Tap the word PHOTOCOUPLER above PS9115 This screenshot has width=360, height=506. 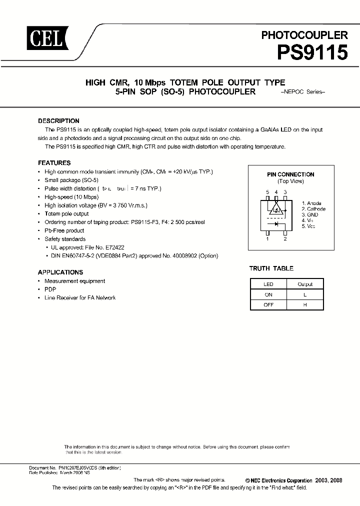[x=304, y=35]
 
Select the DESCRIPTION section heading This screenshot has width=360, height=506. [x=58, y=121]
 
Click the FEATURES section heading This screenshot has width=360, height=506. [x=54, y=163]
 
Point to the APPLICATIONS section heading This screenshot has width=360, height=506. [x=60, y=272]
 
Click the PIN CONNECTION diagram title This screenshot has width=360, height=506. [x=290, y=174]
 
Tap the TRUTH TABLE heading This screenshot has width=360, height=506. [x=271, y=268]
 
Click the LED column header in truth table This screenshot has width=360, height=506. [x=268, y=284]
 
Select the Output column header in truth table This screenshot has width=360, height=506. [x=305, y=284]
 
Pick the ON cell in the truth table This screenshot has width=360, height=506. [x=268, y=294]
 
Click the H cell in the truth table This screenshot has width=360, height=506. [x=305, y=305]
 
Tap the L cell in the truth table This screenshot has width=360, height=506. [x=305, y=294]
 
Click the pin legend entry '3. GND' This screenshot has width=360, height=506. [x=310, y=214]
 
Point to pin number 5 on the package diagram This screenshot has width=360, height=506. [x=267, y=192]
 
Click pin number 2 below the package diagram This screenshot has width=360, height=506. [x=285, y=239]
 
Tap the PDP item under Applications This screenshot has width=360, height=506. [x=50, y=289]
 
